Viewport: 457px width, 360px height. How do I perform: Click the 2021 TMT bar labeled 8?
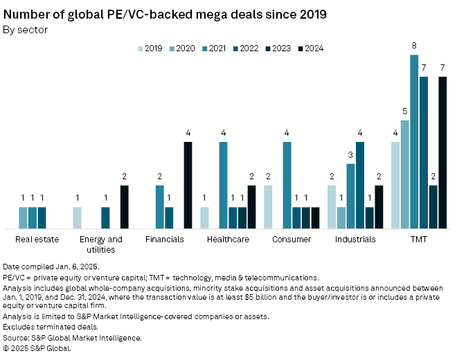point(414,142)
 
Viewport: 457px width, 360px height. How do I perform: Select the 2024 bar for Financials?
point(188,186)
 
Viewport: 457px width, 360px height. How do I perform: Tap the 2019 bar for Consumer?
point(268,207)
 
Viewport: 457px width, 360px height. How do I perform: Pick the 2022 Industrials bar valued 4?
point(360,186)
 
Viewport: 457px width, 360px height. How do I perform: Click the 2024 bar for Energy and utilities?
point(125,207)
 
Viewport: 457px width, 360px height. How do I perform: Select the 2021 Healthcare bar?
point(224,186)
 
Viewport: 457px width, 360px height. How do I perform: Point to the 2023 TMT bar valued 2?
point(433,207)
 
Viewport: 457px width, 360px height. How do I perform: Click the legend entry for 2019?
point(150,48)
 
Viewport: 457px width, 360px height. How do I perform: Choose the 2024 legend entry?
point(310,48)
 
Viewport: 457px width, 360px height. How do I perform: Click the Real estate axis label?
point(37,240)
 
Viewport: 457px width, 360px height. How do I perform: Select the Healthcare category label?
point(228,240)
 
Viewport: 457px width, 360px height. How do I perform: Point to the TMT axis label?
point(418,240)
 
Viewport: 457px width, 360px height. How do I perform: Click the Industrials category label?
point(355,240)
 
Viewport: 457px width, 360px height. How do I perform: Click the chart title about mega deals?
point(165,14)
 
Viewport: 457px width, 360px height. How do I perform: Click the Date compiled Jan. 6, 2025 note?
point(51,267)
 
